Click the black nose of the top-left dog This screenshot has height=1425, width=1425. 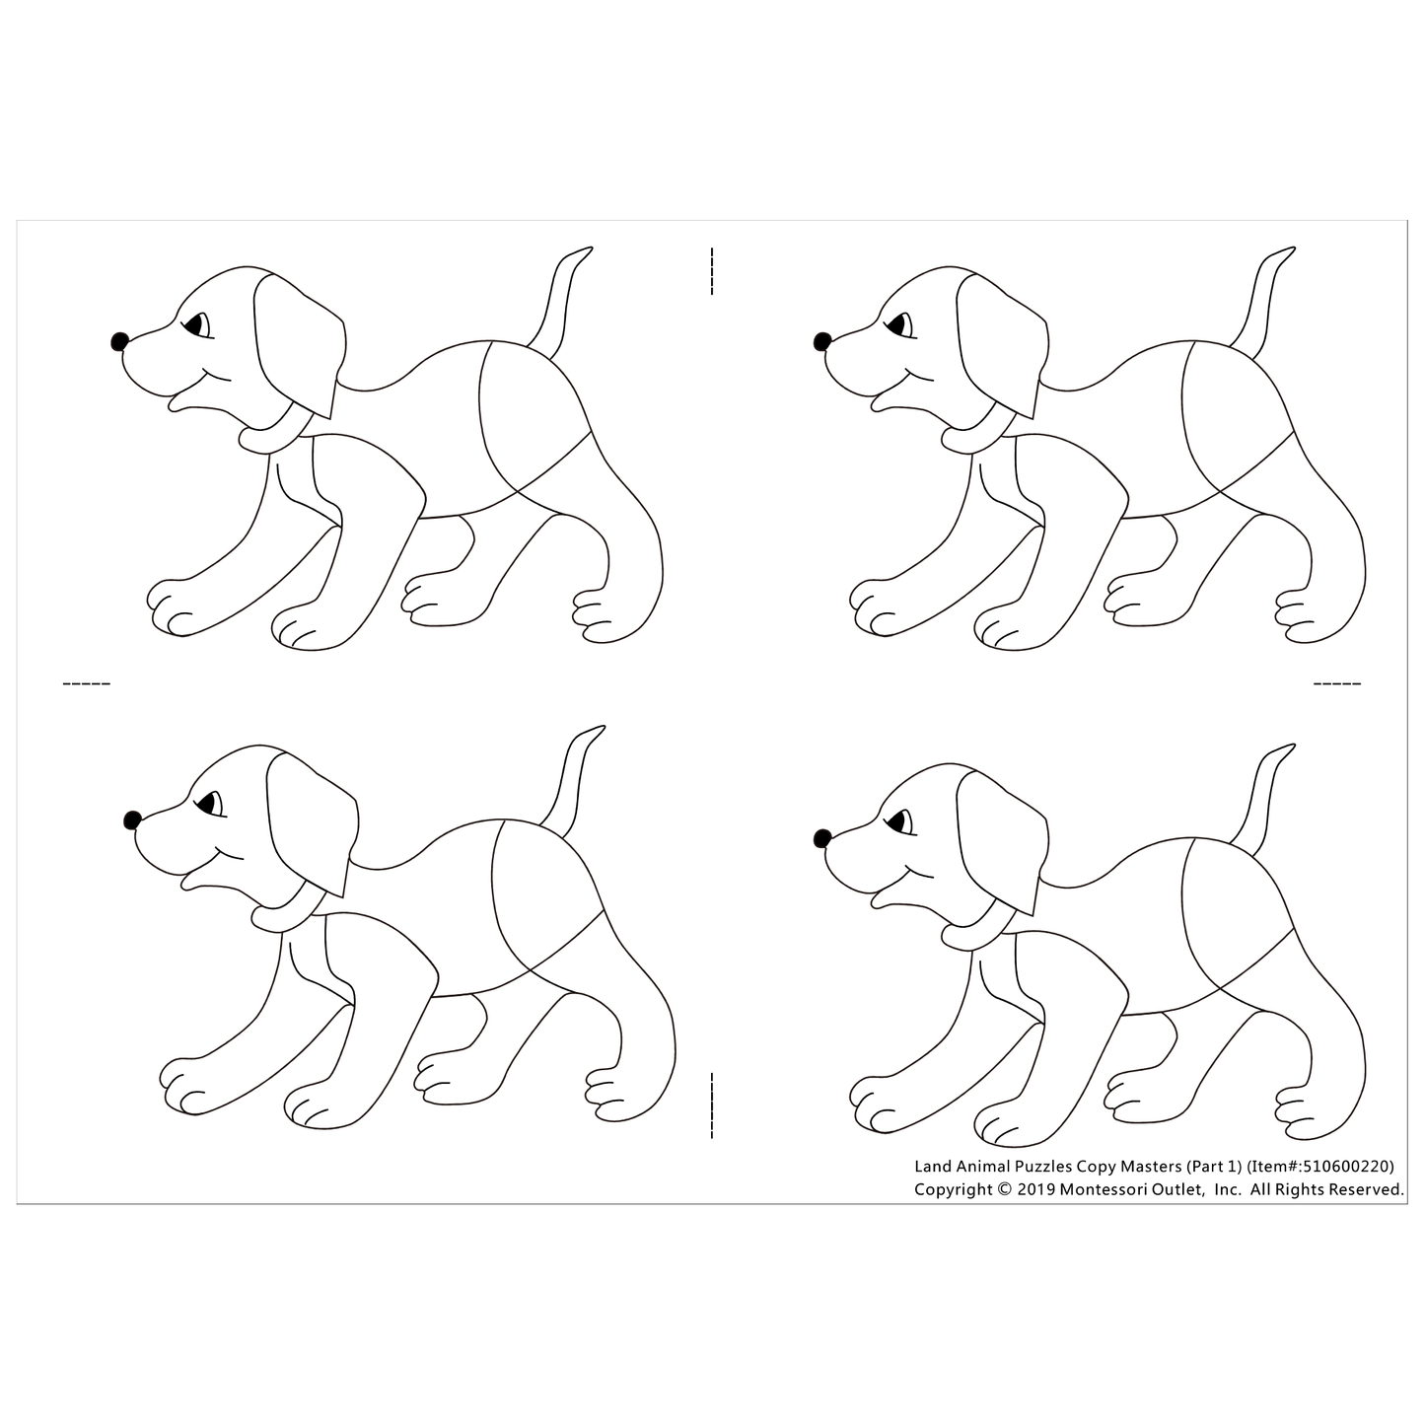pos(119,341)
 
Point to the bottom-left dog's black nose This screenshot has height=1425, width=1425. pos(132,819)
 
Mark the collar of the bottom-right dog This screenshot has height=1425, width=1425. pos(976,933)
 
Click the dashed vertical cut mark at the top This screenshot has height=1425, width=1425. pos(711,271)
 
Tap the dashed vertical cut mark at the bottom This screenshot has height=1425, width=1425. pos(711,1105)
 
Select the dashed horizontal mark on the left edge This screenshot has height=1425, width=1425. pos(87,682)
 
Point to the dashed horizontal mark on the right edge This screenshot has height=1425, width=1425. pos(1336,682)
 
